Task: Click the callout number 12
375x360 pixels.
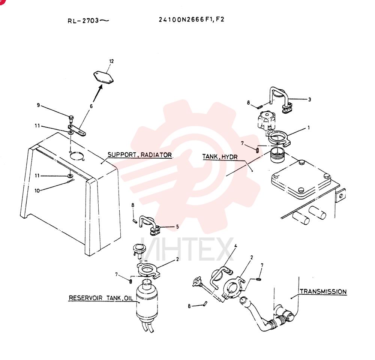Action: point(111,61)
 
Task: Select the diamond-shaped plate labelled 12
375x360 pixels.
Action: point(103,78)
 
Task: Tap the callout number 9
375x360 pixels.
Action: point(38,105)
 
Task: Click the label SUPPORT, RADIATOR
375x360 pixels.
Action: point(139,155)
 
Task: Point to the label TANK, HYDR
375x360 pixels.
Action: point(220,157)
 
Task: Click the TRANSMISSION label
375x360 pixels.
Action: point(323,292)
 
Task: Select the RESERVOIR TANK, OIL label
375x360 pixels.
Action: point(100,298)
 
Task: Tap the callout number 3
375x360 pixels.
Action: point(310,99)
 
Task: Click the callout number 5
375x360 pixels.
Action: point(177,226)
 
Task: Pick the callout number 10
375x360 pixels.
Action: point(37,190)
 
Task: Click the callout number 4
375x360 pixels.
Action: point(235,246)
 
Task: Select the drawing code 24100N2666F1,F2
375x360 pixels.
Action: point(192,19)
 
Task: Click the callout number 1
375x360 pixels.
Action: point(309,128)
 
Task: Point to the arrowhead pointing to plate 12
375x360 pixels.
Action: point(100,87)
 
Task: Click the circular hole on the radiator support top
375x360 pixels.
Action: point(77,156)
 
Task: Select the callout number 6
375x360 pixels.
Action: point(91,106)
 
